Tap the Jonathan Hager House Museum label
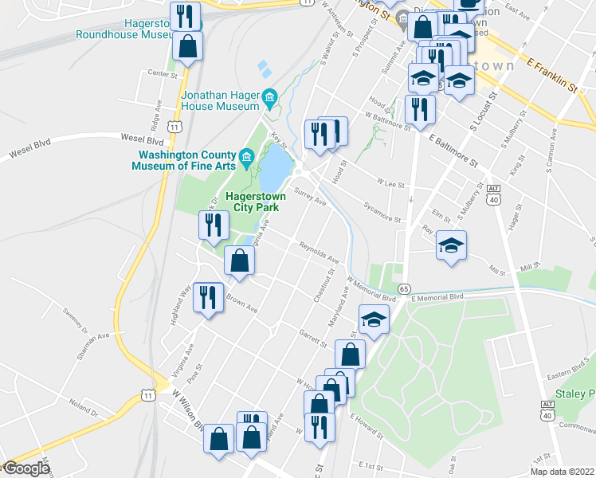[x=221, y=99]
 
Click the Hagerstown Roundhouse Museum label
[x=124, y=29]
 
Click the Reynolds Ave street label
[x=320, y=254]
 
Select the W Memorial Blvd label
[x=372, y=288]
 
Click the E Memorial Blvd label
[x=436, y=296]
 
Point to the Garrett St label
[x=313, y=338]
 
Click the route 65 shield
[x=405, y=288]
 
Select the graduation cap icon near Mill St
[x=451, y=245]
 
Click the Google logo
[x=25, y=468]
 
